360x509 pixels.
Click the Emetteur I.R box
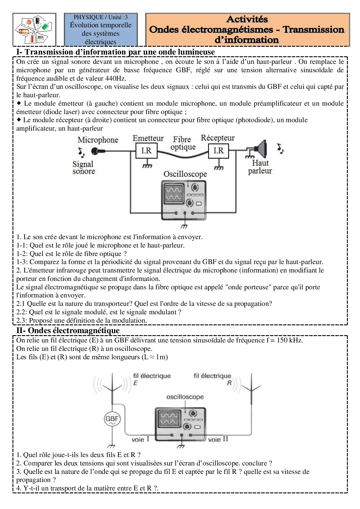pos(147,151)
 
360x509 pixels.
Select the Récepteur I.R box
pos(219,151)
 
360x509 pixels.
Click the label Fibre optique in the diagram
pos(183,143)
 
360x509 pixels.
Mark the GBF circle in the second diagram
pos(112,419)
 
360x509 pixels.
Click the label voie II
pos(218,439)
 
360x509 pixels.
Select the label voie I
pos(140,439)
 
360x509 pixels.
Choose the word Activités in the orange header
pos(247,19)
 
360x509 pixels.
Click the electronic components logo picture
pos(34,30)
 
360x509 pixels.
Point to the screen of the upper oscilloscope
pos(174,194)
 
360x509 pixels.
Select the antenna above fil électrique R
pos(251,387)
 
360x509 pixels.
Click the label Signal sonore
pos(84,168)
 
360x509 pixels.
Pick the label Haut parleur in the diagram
pos(260,167)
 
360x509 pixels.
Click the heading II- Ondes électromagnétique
pos(68,331)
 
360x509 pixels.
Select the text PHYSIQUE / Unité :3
pos(100,17)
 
